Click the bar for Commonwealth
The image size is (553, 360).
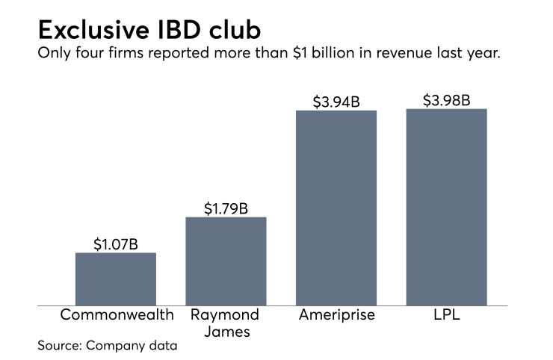click(116, 279)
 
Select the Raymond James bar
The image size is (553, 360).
click(226, 261)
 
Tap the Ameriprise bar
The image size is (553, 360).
click(336, 208)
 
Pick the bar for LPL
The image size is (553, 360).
click(446, 207)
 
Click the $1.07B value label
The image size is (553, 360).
click(116, 243)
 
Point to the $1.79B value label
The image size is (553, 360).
click(226, 208)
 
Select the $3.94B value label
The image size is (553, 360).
click(336, 101)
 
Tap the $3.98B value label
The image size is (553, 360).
click(446, 99)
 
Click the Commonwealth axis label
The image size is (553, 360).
click(117, 314)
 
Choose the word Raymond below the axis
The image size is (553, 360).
click(225, 314)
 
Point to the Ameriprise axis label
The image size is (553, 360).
click(336, 314)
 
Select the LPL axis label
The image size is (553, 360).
click(446, 314)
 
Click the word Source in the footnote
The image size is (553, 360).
click(59, 346)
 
